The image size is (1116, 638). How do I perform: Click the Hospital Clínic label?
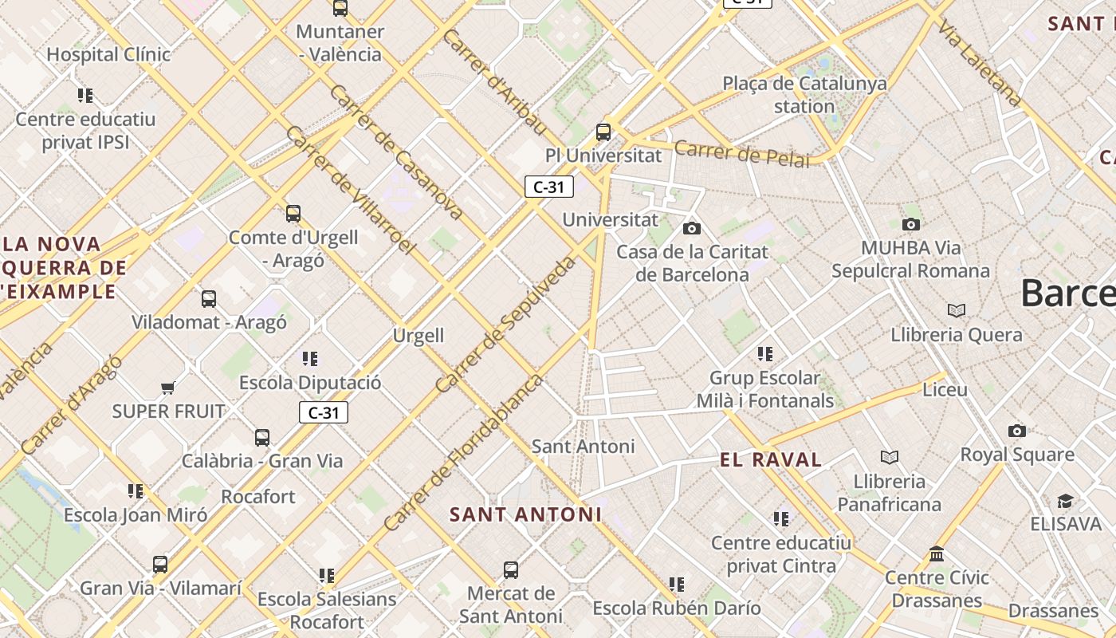(x=108, y=55)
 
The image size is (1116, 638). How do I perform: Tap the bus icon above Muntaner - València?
(x=340, y=9)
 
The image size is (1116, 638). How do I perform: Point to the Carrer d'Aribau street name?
(x=494, y=82)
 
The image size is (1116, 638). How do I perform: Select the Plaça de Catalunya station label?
(x=804, y=94)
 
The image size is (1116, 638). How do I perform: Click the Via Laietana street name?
(x=979, y=63)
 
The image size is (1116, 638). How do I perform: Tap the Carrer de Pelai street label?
(x=741, y=153)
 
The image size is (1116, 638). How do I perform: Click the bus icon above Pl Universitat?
(x=603, y=132)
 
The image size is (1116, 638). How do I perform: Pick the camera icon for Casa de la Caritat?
(x=692, y=229)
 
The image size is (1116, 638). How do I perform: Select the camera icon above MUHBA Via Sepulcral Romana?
(x=911, y=225)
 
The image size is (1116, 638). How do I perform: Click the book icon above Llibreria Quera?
(x=957, y=310)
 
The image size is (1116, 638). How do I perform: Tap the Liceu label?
(x=945, y=390)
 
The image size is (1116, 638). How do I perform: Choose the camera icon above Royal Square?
(x=1017, y=431)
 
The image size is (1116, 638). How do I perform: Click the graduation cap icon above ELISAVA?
(x=1065, y=501)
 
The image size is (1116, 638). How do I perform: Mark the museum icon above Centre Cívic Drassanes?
(x=937, y=553)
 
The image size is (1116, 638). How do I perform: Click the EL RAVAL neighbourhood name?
(x=770, y=460)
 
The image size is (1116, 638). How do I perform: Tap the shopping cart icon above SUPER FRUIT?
(x=167, y=388)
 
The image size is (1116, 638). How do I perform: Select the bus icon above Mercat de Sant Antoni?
(x=511, y=570)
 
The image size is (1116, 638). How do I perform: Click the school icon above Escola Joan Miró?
(x=136, y=491)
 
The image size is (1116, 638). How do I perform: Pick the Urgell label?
(x=418, y=336)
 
